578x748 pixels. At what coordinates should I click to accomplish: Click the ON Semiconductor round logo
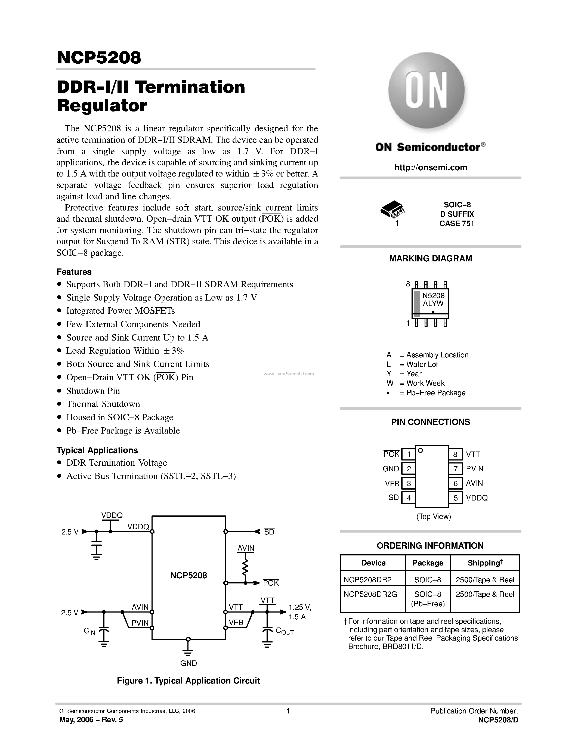pos(426,91)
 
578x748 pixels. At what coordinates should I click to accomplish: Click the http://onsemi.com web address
pos(430,168)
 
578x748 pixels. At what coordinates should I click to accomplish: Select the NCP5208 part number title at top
pos(99,58)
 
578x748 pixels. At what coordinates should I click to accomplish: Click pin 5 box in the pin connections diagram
pos(455,498)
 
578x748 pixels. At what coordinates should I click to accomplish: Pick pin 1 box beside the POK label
pos(409,455)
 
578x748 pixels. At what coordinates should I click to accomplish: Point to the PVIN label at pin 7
pos(475,469)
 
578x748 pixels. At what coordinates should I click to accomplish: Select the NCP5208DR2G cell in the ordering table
pos(370,594)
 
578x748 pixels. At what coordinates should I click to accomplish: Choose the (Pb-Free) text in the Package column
pos(428,604)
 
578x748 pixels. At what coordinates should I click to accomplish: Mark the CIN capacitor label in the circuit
pos(90,631)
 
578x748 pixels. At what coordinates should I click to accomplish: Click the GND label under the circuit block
pos(188,663)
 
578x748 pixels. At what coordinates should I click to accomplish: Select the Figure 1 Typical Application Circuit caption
pos(188,681)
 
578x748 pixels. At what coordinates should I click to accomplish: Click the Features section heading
pos(74,272)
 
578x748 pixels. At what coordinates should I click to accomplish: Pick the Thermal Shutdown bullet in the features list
pos(103,404)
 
